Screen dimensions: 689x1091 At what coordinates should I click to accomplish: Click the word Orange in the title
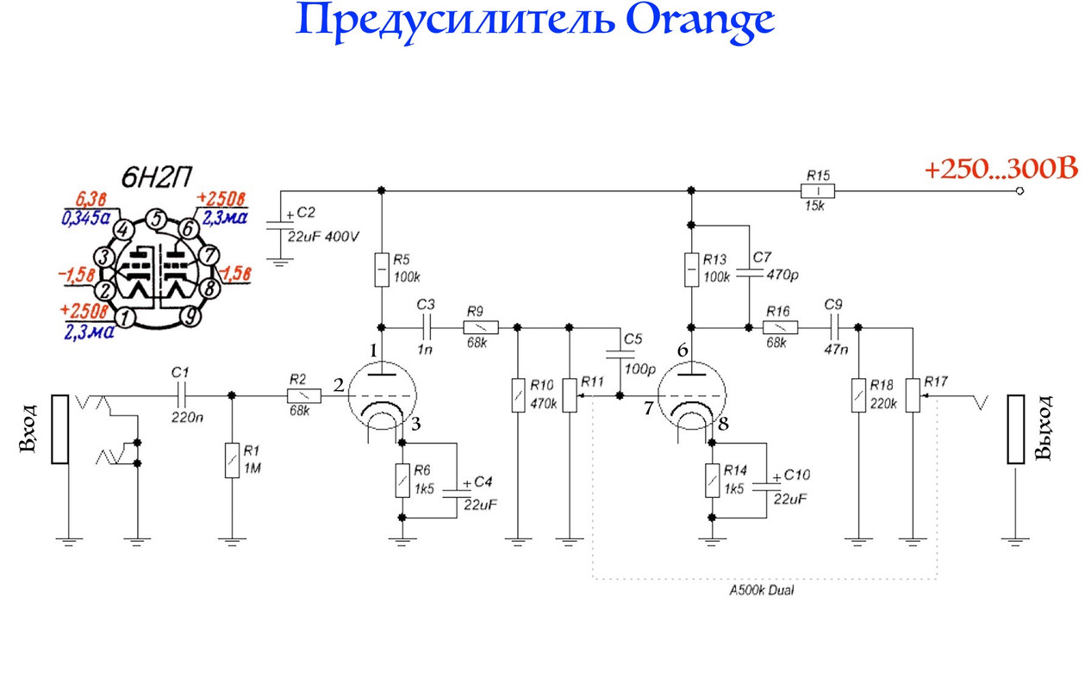tap(700, 21)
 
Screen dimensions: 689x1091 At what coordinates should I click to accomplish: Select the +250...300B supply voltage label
tap(1001, 171)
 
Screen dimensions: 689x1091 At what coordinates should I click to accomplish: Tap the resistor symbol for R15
tap(817, 190)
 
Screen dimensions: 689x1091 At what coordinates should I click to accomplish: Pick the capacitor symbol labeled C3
tap(427, 327)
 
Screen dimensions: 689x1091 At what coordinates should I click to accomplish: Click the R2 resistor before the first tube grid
tap(304, 395)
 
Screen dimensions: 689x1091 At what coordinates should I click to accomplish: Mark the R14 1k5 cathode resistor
tap(713, 481)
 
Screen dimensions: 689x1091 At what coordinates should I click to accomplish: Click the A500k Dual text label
tap(761, 592)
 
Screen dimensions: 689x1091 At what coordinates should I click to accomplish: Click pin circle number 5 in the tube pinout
tap(155, 219)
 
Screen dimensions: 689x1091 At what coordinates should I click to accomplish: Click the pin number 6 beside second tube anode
tap(683, 351)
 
